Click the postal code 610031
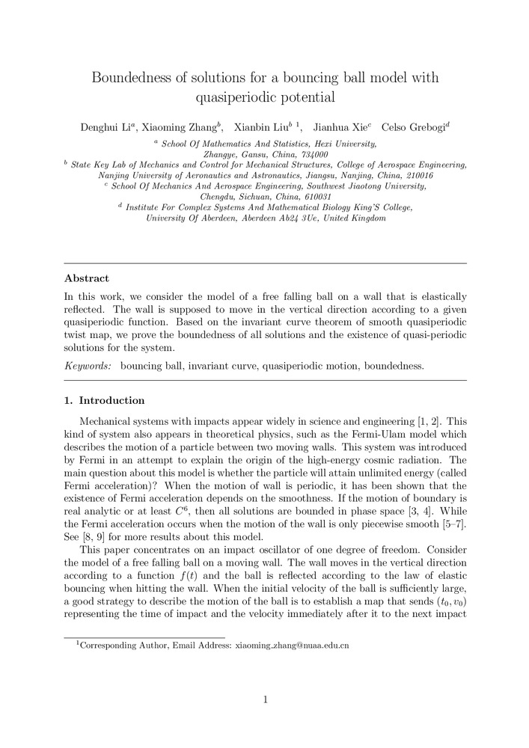coord(306,196)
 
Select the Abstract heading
coord(87,278)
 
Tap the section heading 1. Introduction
coord(105,401)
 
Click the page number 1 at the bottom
coord(265,699)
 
